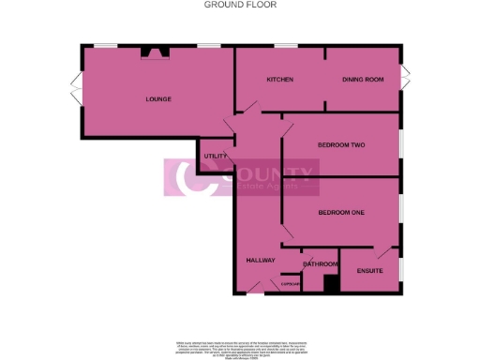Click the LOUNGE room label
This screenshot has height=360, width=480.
coord(157,98)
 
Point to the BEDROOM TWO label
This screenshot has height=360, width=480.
coord(340,144)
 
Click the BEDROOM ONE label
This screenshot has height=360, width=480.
coord(340,213)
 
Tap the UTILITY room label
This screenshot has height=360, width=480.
coord(215,155)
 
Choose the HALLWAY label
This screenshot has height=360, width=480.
coord(259,260)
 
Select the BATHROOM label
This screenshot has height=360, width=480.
coord(320,264)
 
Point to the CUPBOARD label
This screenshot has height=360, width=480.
coord(290,284)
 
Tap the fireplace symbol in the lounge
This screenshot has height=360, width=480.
coord(149,52)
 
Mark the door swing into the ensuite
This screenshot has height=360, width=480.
coord(383,252)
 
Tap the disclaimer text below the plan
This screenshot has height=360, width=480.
coord(239,346)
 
